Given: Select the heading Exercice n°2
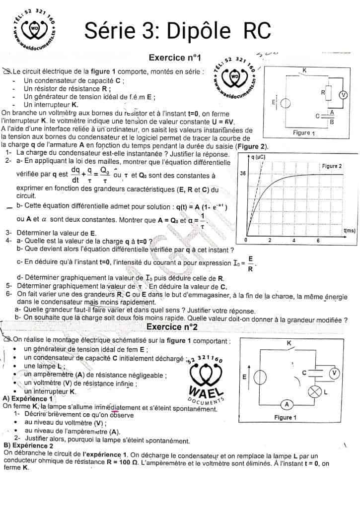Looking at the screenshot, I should [x=172, y=327].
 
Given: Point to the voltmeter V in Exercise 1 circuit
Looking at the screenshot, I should [x=342, y=95].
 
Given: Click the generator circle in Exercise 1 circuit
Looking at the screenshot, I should [x=286, y=103].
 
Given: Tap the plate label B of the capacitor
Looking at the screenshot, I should [x=331, y=122].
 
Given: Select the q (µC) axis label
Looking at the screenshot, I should [x=257, y=157].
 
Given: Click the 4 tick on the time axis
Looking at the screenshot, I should [x=294, y=241].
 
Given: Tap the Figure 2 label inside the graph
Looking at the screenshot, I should [x=332, y=166].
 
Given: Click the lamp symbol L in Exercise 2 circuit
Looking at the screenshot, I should [x=314, y=391].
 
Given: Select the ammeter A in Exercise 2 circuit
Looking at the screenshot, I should [x=287, y=403].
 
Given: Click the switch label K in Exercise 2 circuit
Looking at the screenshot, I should [x=288, y=343].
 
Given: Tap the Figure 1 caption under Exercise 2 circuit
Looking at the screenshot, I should [x=286, y=417].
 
